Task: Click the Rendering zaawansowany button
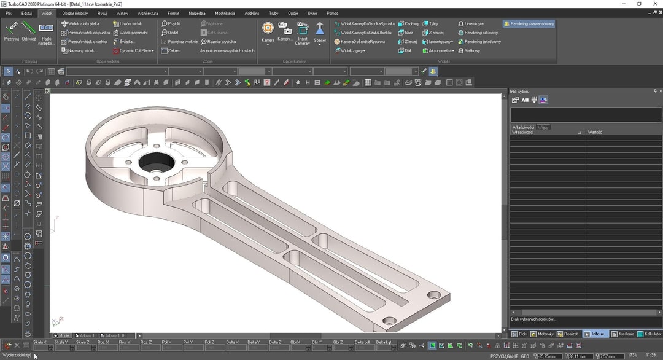tap(529, 24)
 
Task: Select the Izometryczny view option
tap(436, 42)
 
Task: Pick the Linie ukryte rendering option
tap(473, 24)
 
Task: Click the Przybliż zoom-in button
tap(171, 24)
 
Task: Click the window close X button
tap(654, 4)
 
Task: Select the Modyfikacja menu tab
tap(225, 13)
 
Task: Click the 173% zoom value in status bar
tap(632, 356)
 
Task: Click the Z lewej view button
tap(408, 42)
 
